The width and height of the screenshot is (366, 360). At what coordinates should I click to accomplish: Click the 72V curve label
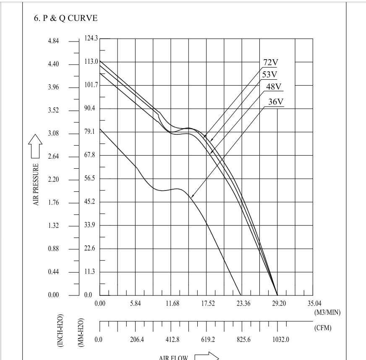(271, 63)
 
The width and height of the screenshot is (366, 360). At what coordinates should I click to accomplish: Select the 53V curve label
(269, 75)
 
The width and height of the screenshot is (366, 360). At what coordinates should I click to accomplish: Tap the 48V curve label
(274, 87)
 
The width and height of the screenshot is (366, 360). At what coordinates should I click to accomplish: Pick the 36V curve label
(276, 102)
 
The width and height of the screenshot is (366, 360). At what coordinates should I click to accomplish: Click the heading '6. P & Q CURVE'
(65, 19)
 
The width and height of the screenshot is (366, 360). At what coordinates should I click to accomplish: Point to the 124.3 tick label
(91, 38)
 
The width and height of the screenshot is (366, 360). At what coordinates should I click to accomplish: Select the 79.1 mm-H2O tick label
(91, 132)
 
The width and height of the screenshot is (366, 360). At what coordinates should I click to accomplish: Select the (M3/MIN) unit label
(327, 312)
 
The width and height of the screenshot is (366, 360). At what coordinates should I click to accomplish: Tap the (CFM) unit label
(322, 328)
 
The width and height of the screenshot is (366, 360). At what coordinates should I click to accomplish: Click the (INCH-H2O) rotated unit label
(61, 329)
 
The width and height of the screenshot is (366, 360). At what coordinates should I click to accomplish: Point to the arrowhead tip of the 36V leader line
(191, 197)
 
